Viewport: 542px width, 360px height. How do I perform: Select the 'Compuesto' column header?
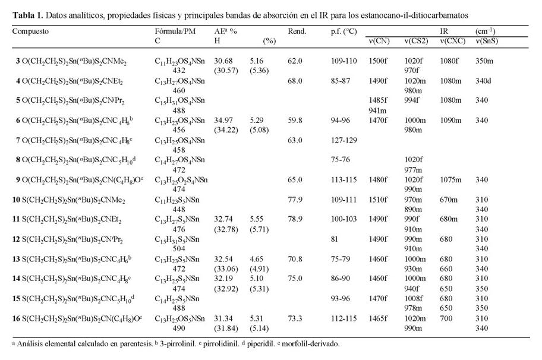tap(31, 30)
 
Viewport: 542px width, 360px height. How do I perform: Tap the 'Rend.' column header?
tap(297, 30)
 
